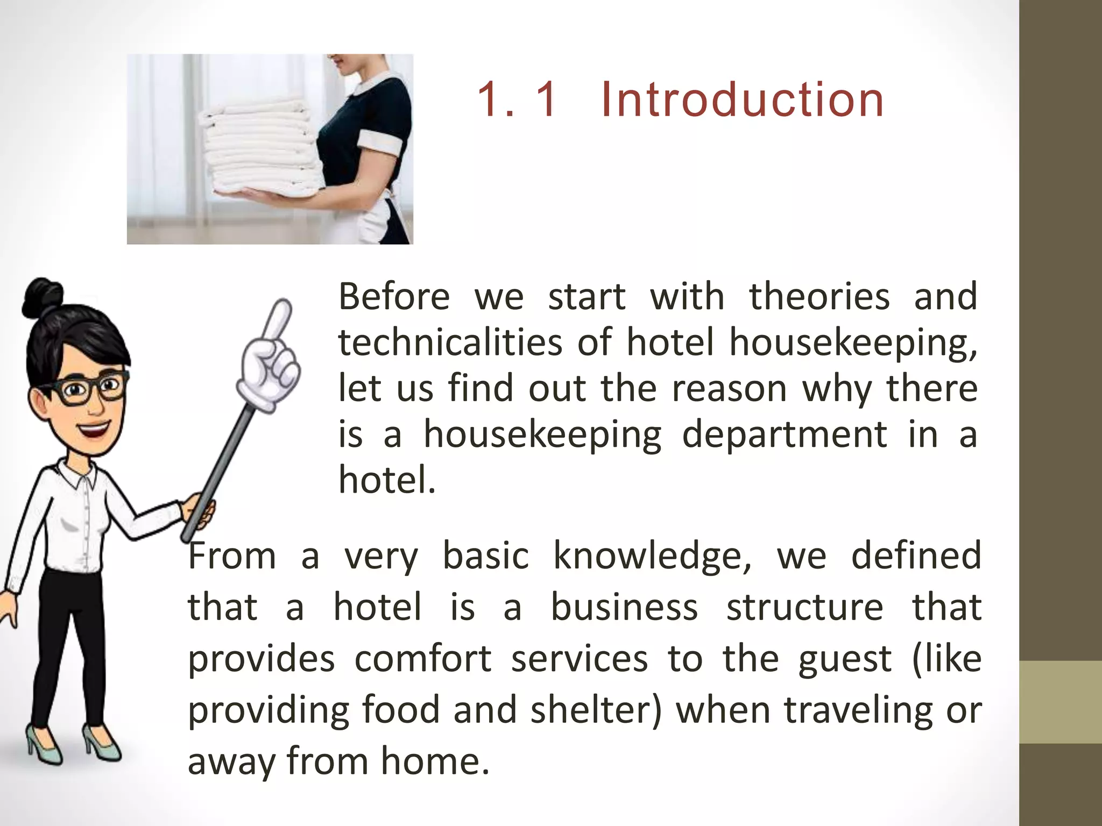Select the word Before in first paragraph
(x=394, y=297)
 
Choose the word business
(x=624, y=608)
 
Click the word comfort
(x=422, y=659)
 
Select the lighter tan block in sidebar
(x=1061, y=702)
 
